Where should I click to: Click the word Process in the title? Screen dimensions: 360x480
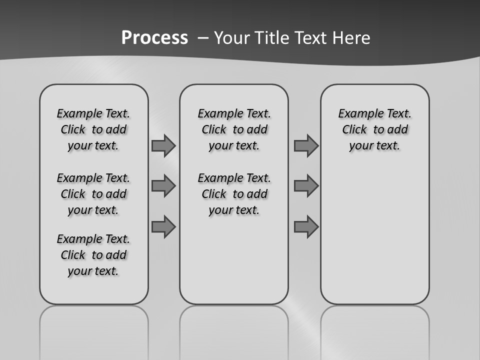pos(154,38)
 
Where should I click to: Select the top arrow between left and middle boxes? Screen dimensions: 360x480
pos(163,146)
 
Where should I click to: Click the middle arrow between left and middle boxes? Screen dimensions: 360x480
pos(163,186)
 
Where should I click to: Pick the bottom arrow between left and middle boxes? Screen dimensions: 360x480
pos(163,226)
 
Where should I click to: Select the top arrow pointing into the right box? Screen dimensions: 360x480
pos(306,146)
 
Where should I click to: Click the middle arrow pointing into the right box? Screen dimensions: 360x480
pos(306,186)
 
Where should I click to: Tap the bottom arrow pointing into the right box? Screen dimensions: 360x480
pos(306,226)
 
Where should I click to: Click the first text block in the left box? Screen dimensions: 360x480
pos(93,129)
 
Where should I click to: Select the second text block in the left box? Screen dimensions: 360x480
pos(93,194)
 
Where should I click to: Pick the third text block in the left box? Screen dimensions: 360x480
pos(93,255)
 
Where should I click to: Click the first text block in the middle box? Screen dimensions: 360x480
pos(234,129)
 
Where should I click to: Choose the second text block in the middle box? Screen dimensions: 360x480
pos(234,194)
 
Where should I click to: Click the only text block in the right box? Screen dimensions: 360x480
pos(374,129)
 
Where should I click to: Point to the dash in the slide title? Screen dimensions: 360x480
pos(203,38)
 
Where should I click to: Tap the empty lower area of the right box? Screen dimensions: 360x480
pos(374,240)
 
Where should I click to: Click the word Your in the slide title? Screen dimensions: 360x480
pos(232,38)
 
